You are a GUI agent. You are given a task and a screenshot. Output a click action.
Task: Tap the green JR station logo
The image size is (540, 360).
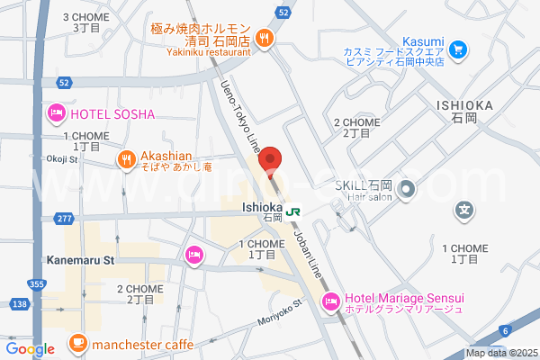coord(293,211)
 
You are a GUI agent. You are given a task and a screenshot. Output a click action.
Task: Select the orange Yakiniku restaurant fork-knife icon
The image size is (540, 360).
coord(264,39)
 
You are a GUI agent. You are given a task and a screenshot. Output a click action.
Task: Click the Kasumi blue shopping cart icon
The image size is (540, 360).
coord(457,49)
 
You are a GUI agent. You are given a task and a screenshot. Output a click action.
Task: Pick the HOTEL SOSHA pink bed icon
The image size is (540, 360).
coord(55,113)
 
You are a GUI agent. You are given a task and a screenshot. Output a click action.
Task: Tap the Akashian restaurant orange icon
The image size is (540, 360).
coord(125,159)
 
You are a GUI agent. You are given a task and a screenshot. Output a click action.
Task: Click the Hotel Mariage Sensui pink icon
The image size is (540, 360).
coord(330,300)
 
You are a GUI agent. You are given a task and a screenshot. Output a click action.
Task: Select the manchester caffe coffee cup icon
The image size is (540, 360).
coord(77,343)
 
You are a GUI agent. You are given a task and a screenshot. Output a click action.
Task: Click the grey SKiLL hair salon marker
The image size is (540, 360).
coord(406,189)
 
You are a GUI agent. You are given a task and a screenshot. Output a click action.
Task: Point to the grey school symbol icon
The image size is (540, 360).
coord(463,211)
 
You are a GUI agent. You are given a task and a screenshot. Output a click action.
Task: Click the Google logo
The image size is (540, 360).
coord(30,349)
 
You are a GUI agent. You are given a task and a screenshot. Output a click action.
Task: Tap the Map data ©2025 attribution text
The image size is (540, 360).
coord(501,353)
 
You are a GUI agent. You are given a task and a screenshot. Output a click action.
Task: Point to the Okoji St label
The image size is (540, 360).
coord(63,159)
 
